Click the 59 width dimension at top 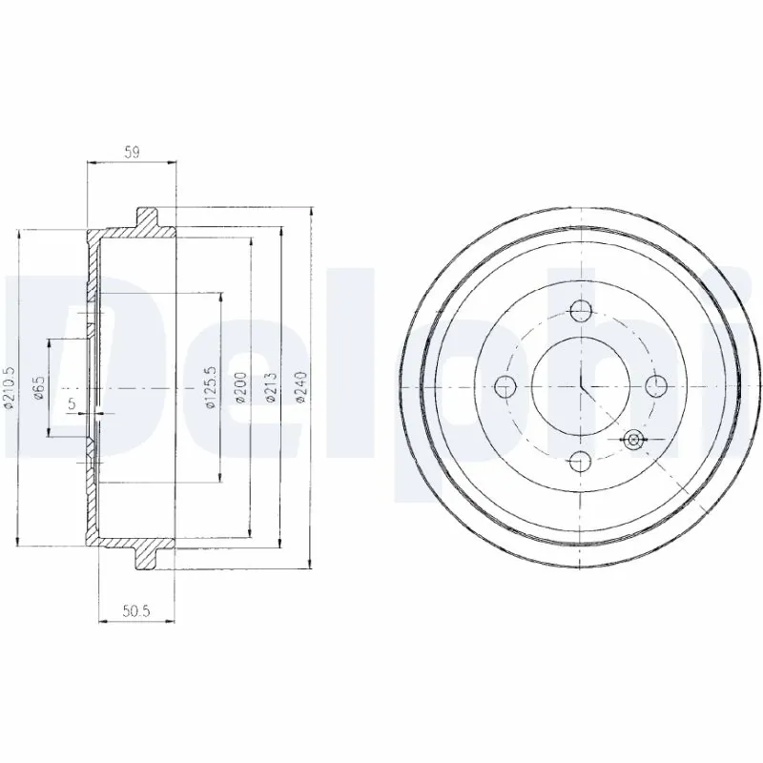[132, 151]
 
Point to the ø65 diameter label [37, 389]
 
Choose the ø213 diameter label [271, 389]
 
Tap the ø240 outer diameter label [302, 389]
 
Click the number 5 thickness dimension [72, 404]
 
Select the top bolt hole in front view [580, 309]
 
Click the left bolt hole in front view [505, 385]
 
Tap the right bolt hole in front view [655, 385]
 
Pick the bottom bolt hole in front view [580, 462]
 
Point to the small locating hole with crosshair [633, 439]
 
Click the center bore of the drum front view [580, 385]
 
